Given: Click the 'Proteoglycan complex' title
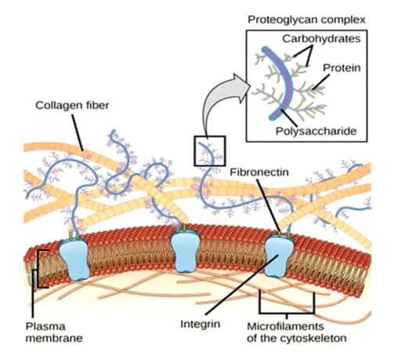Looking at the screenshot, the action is coord(306,20).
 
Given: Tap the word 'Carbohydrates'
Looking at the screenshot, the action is coord(321,38).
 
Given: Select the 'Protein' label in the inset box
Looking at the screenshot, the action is coord(342,68).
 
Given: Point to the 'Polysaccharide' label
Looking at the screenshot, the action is coord(316,131).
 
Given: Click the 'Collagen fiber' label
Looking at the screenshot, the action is coord(72,105).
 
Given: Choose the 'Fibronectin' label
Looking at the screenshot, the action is coord(259,172).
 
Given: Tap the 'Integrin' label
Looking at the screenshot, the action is coord(201,324).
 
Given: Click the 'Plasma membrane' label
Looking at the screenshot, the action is coord(54,333).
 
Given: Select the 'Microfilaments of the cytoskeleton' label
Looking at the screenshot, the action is coord(297,333).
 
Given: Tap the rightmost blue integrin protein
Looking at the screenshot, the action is coord(279,256).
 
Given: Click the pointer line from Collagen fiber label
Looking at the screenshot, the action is coord(78,133).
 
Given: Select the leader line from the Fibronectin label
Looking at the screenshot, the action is coord(269,205).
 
